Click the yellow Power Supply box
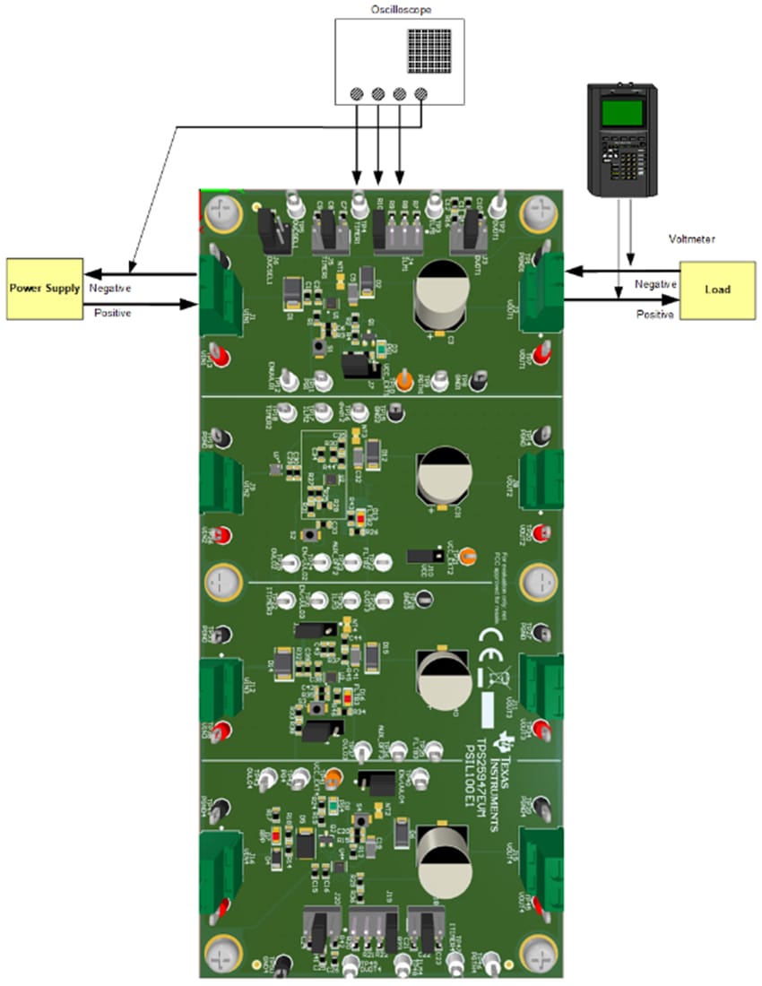tap(42, 289)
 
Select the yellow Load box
tap(717, 290)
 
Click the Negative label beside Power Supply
tap(110, 289)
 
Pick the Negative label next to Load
tap(654, 283)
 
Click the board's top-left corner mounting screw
tap(221, 213)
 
